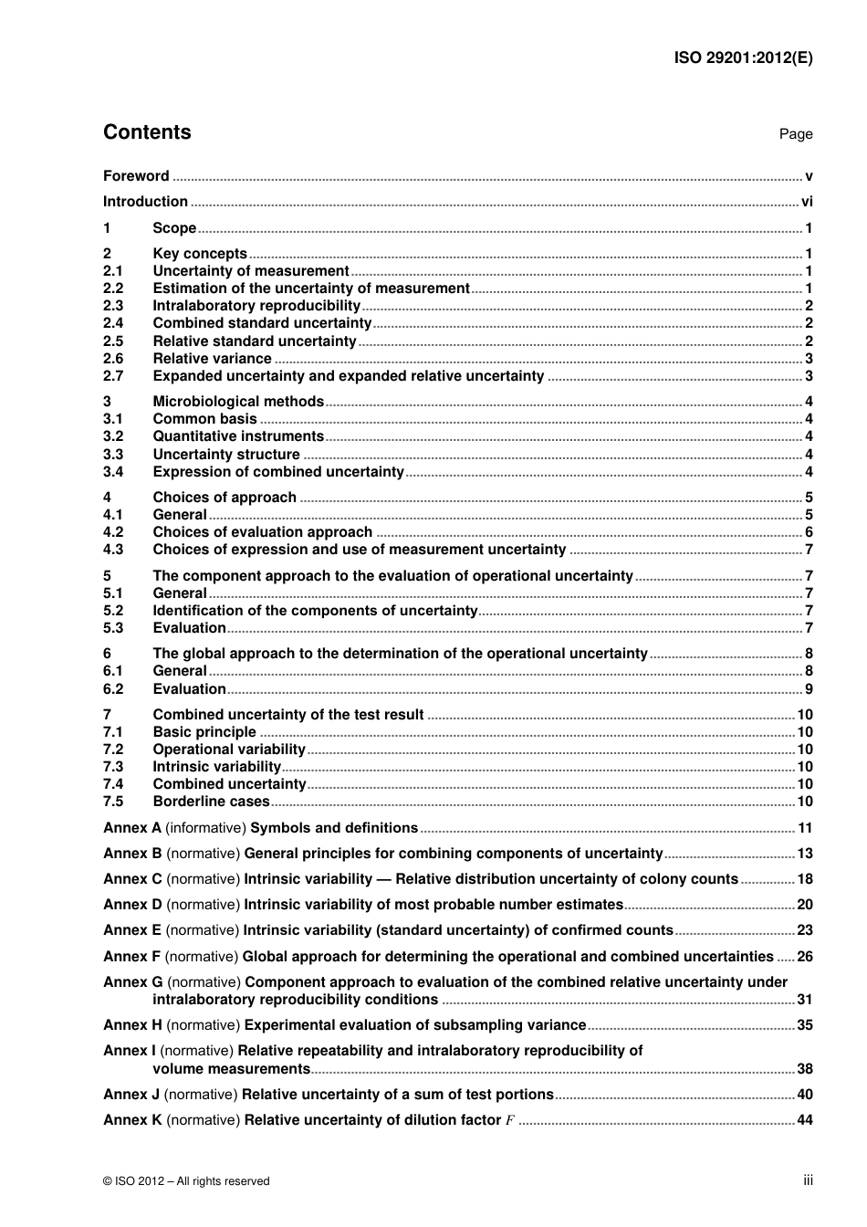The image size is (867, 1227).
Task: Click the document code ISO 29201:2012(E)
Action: (743, 58)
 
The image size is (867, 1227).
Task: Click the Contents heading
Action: (147, 132)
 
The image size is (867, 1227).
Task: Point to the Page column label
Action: (795, 134)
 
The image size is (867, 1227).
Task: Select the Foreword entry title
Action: (136, 176)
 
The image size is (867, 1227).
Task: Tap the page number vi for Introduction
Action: (807, 202)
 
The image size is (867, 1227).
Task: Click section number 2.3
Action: (113, 306)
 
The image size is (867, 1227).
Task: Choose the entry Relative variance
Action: (212, 359)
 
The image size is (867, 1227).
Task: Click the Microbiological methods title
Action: (238, 402)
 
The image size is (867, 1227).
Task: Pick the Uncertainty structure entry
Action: (226, 455)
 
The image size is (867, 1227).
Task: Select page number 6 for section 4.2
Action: (809, 532)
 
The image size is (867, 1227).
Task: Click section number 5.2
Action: (113, 611)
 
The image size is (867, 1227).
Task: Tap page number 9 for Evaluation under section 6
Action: (809, 689)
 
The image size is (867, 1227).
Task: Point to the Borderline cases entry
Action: (211, 802)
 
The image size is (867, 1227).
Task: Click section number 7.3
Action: (113, 767)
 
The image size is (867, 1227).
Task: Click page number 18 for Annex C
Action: (805, 879)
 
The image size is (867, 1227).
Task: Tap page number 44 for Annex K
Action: (805, 1120)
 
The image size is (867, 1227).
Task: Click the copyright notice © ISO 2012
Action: (186, 1181)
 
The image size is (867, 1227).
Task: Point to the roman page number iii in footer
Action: (808, 1180)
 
